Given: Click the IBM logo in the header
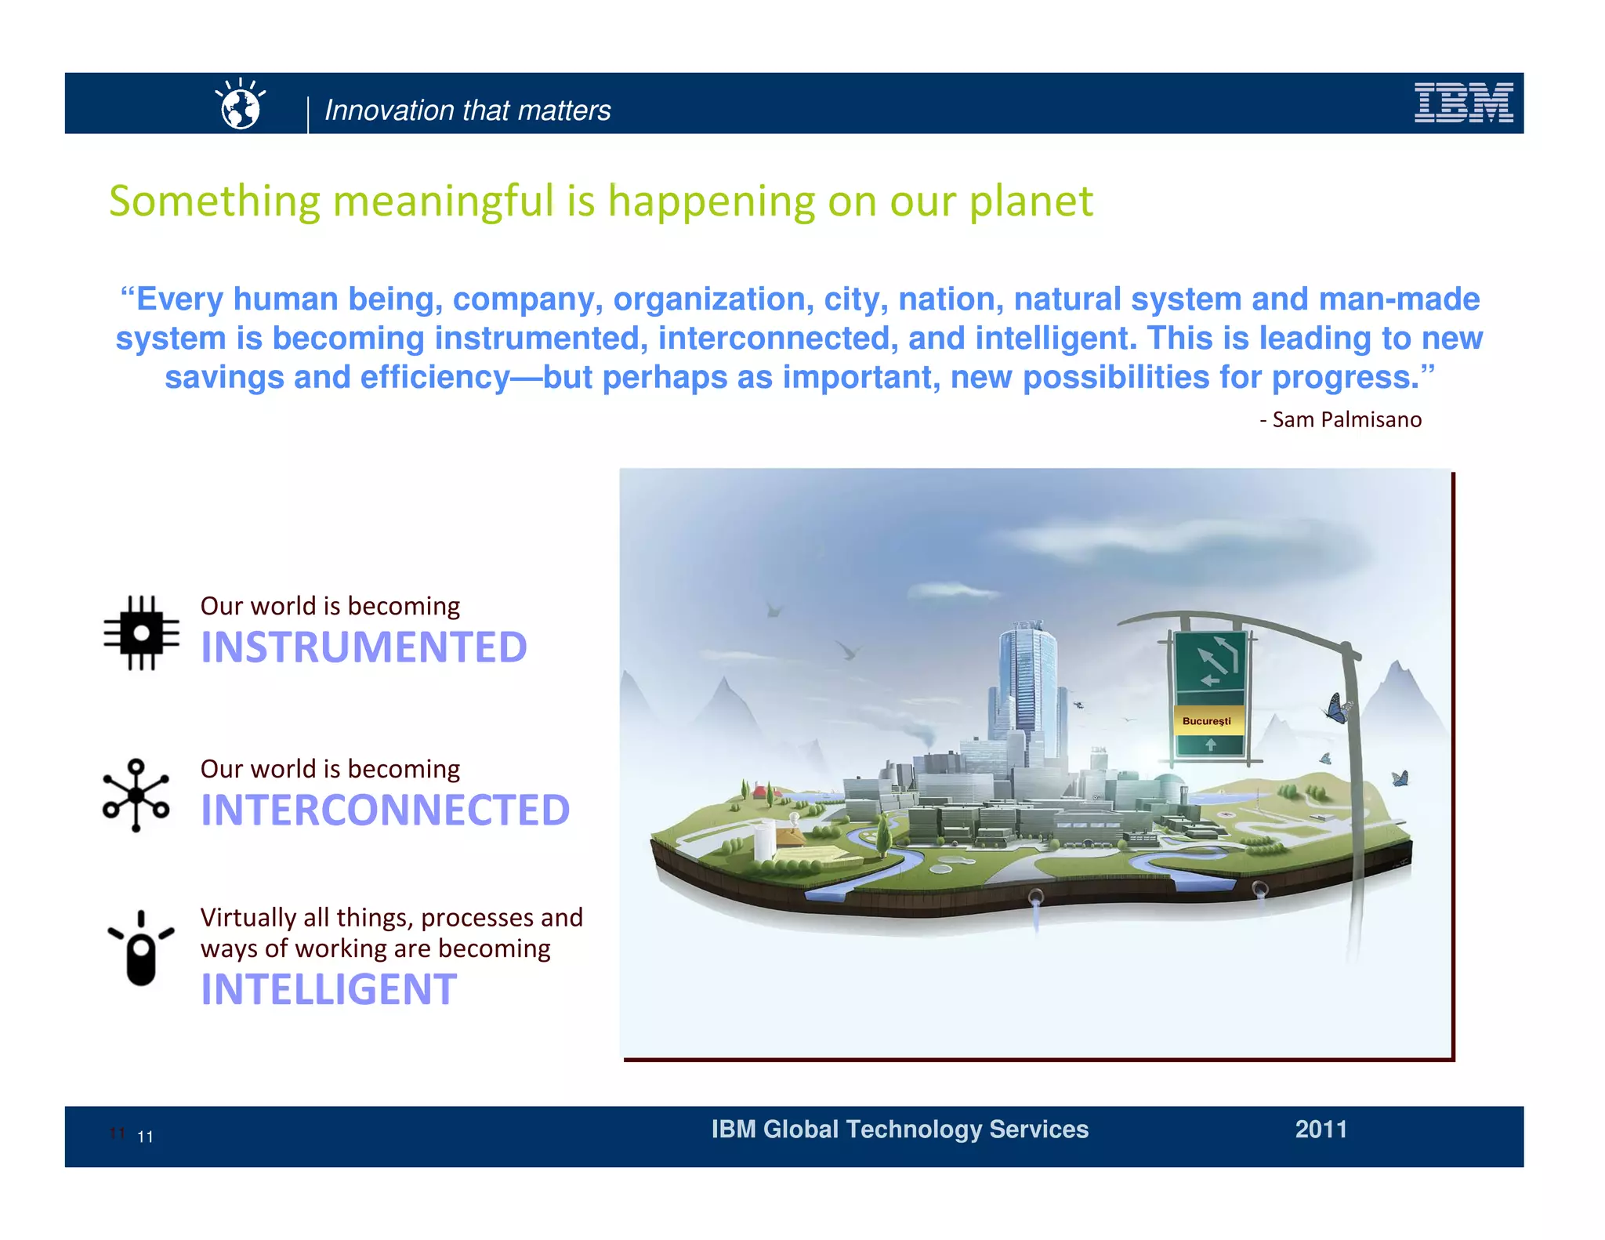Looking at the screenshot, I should click(1462, 103).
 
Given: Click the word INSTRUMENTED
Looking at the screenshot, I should click(364, 647).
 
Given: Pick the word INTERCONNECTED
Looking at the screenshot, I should click(385, 810).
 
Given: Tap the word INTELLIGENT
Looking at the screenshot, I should click(328, 990).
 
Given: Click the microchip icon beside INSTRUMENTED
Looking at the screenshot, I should click(141, 633).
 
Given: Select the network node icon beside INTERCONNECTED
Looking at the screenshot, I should click(136, 795).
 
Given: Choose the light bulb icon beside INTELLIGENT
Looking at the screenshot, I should click(141, 950).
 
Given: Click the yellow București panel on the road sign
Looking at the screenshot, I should click(1207, 721).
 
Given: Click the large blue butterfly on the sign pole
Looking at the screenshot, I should click(1336, 709).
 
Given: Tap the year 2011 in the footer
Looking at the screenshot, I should click(1321, 1129).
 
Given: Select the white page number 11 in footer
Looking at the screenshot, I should click(145, 1137).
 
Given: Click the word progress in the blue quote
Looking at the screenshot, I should click(1344, 379).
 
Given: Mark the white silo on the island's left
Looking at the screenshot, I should click(764, 840).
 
